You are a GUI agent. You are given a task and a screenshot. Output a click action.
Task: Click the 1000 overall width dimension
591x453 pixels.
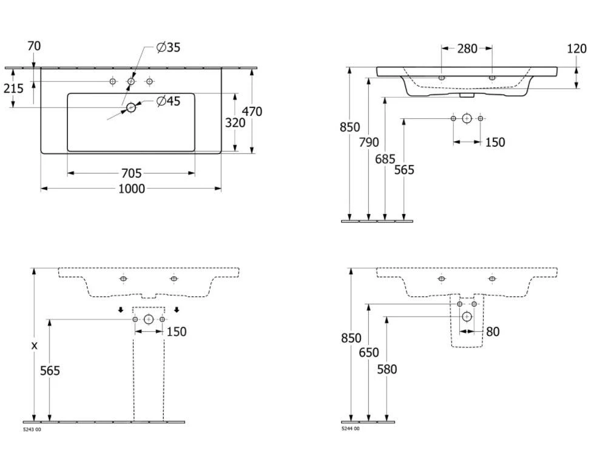tap(131, 189)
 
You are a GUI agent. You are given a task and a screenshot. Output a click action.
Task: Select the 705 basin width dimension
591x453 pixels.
tap(131, 174)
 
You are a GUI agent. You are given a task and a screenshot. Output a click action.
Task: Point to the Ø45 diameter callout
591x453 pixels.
tap(168, 101)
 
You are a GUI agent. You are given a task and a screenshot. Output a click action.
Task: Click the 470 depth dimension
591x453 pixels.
tap(252, 111)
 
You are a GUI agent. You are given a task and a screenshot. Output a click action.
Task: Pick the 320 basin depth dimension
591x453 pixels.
tap(235, 122)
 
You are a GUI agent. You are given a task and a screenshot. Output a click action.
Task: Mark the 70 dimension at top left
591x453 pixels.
tap(34, 46)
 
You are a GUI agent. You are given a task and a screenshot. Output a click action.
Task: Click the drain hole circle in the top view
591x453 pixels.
tap(131, 108)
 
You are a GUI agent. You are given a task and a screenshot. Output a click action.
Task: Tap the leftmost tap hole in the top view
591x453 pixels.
tap(112, 81)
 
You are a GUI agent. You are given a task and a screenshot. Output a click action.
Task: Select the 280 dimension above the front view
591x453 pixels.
tap(467, 49)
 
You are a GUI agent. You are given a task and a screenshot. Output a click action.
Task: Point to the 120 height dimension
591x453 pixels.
tap(576, 49)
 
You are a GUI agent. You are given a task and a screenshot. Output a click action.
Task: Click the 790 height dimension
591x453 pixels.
tap(368, 142)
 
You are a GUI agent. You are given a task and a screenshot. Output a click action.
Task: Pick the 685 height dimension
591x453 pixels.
tap(386, 159)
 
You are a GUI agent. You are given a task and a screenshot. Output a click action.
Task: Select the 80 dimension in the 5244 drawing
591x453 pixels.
tap(492, 332)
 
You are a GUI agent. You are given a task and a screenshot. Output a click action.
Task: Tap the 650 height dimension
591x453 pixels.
tap(368, 352)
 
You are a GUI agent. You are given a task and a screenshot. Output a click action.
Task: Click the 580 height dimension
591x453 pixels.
tap(387, 369)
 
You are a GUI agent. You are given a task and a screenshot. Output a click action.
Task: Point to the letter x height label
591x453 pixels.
tap(34, 345)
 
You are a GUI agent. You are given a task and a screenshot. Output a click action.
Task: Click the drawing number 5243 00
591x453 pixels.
tap(32, 429)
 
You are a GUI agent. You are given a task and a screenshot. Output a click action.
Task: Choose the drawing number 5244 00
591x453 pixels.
tap(350, 429)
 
